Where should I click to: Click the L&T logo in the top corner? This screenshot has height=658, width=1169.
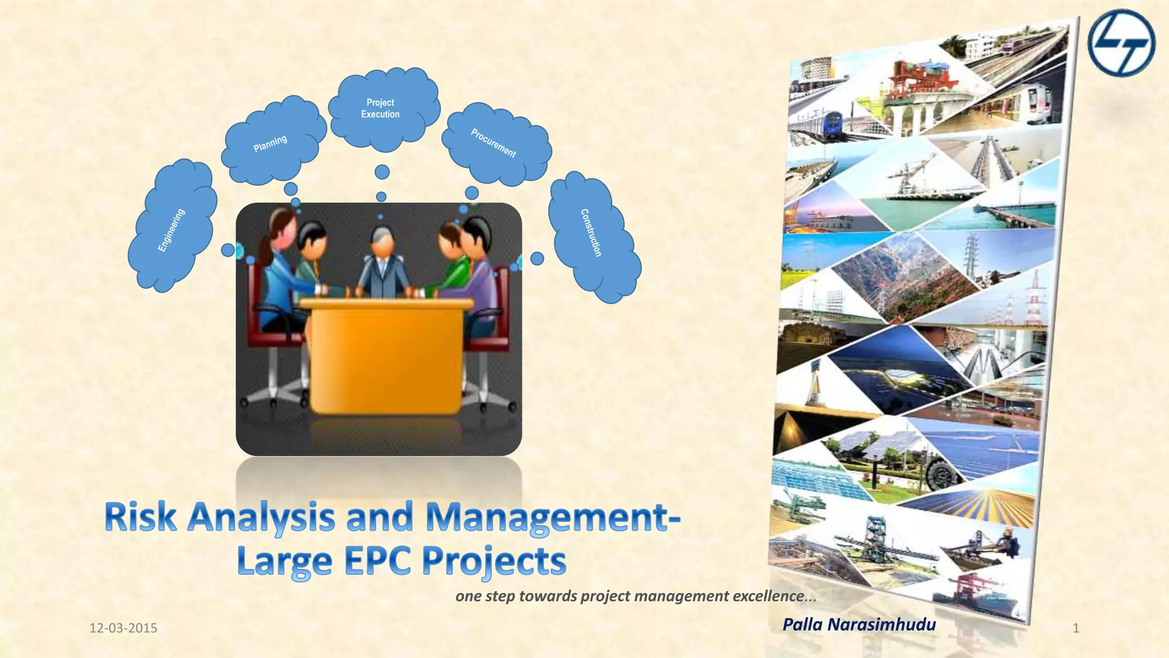[1120, 43]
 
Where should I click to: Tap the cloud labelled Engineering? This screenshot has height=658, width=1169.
[171, 228]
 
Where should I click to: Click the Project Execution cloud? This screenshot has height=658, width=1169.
[381, 109]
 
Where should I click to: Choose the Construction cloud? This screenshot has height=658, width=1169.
[592, 234]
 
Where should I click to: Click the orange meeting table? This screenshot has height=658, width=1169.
[386, 354]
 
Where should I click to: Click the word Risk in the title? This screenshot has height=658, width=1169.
[140, 517]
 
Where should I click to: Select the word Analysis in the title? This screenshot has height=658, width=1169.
[262, 518]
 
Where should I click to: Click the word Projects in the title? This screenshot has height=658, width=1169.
[494, 563]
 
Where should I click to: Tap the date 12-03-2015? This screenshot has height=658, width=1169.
[123, 628]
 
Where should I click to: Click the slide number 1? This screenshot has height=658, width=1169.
[1076, 628]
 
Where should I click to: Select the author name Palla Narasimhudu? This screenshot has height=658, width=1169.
[859, 624]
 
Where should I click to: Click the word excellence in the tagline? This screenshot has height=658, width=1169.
[768, 596]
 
